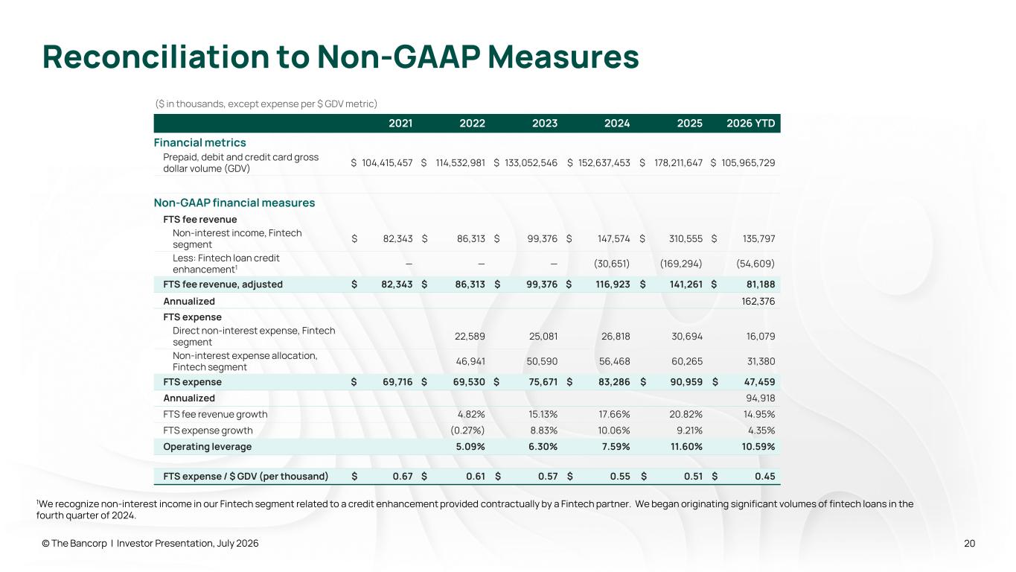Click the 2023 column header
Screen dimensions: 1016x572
pyautogui.click(x=544, y=123)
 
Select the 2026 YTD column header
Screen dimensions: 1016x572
pyautogui.click(x=751, y=123)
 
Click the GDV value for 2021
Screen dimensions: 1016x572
pyautogui.click(x=387, y=162)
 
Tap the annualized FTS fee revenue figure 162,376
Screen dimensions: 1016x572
pyautogui.click(x=758, y=301)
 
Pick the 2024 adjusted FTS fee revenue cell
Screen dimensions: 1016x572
pyautogui.click(x=613, y=285)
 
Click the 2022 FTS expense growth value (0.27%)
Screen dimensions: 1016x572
pyautogui.click(x=467, y=430)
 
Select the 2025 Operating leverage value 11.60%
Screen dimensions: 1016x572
pyautogui.click(x=686, y=446)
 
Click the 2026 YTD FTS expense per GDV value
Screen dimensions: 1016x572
pyautogui.click(x=764, y=476)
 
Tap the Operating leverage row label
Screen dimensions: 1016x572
pyautogui.click(x=207, y=446)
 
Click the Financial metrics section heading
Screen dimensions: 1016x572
pyautogui.click(x=199, y=142)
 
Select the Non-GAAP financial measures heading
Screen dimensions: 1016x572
pyautogui.click(x=234, y=203)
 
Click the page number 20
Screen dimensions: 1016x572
pyautogui.click(x=969, y=543)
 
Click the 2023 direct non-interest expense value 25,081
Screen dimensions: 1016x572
pyautogui.click(x=543, y=336)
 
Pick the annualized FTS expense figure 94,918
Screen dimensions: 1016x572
pyautogui.click(x=761, y=398)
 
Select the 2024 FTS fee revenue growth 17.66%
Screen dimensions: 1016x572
pyautogui.click(x=614, y=414)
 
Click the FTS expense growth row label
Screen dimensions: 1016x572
pyautogui.click(x=208, y=430)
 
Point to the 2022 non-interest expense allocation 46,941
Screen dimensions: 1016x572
pyautogui.click(x=470, y=361)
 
